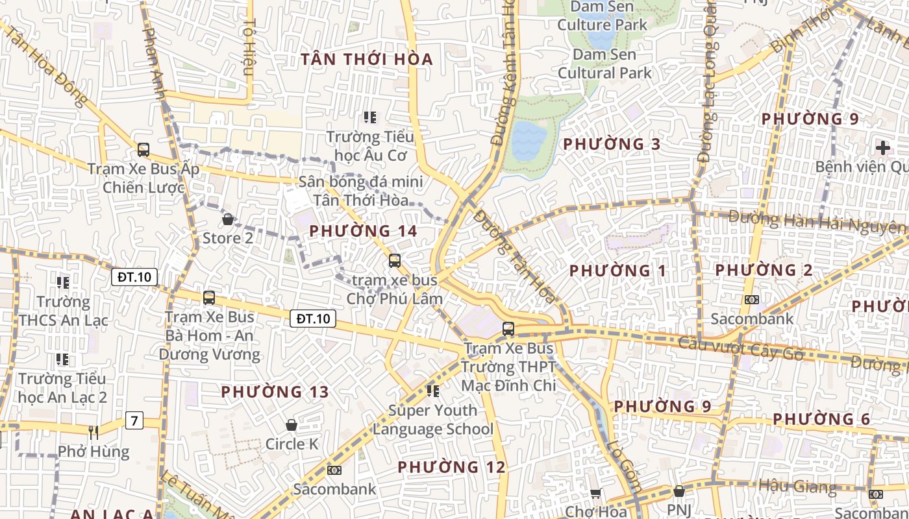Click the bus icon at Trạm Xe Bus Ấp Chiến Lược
tap(143, 150)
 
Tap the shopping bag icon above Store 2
tap(228, 219)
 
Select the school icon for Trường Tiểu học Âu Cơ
tap(370, 117)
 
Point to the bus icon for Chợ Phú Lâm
tap(395, 261)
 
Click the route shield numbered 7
tap(134, 420)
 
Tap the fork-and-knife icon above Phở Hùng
tap(93, 432)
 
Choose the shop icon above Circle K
tap(292, 425)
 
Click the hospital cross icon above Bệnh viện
tap(882, 147)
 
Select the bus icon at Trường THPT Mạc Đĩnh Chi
tap(508, 329)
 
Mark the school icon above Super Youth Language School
tap(433, 391)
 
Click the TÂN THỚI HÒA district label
tap(367, 60)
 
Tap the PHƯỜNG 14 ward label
tap(363, 231)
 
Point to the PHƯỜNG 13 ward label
tap(275, 392)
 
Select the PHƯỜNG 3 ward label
tap(612, 144)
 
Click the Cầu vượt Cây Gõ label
tap(741, 348)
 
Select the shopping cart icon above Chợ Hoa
tap(595, 493)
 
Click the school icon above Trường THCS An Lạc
tap(63, 282)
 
